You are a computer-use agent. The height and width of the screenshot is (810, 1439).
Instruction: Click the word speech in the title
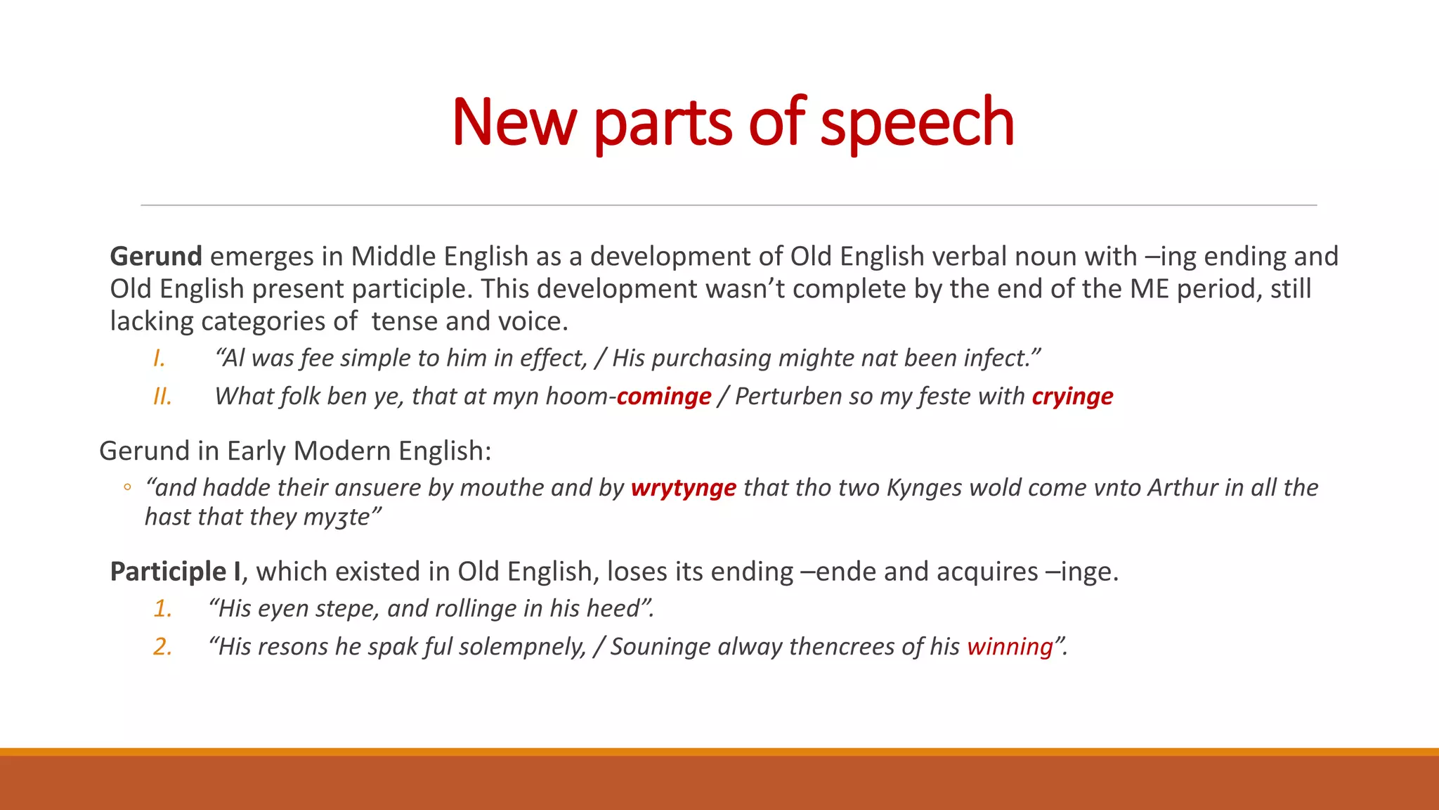917,123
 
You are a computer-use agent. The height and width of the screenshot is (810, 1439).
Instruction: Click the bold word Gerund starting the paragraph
156,257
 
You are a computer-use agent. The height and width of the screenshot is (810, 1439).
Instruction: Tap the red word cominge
664,397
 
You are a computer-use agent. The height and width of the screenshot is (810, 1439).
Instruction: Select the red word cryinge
1072,397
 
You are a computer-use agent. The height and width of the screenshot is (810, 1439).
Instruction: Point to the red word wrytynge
683,488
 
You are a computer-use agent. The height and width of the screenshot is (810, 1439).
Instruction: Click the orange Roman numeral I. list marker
159,359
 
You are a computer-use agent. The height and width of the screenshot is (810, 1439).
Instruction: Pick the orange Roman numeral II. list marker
162,397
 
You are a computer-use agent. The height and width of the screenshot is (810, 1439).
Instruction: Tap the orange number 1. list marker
163,609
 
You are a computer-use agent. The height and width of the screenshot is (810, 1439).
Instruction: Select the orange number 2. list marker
163,647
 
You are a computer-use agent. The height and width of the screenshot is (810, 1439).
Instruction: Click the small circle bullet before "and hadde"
127,487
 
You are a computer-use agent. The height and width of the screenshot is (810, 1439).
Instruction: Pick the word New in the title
514,123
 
